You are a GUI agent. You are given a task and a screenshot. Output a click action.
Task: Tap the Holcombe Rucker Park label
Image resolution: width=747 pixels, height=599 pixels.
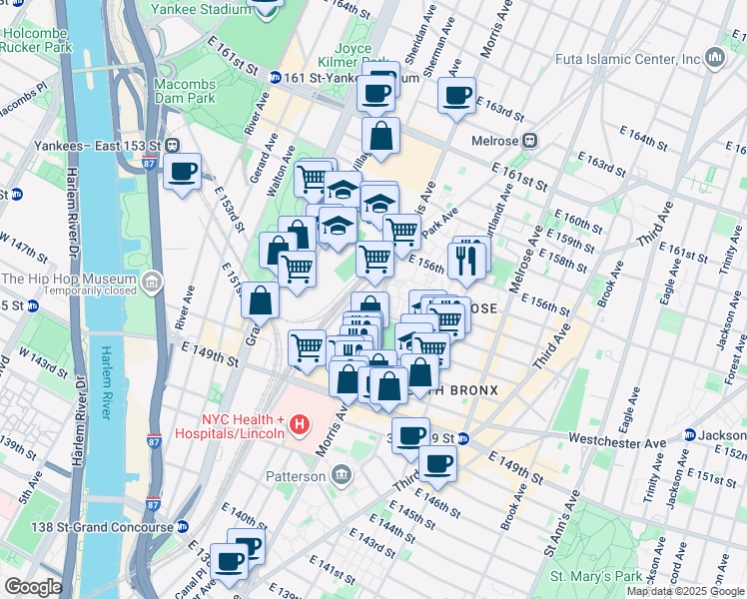pos(37,39)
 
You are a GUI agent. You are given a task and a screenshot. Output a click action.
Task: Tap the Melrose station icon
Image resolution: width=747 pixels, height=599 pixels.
pos(531,141)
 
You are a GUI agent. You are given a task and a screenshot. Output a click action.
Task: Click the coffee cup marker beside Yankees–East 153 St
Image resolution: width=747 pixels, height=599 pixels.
pos(182,171)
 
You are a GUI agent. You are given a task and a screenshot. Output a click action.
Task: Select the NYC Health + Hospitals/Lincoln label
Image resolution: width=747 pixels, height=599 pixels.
pos(230,426)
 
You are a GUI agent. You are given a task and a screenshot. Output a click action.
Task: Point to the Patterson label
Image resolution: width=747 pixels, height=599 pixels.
pos(296,476)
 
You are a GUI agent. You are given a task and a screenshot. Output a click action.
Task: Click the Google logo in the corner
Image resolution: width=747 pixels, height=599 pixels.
pos(32,587)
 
